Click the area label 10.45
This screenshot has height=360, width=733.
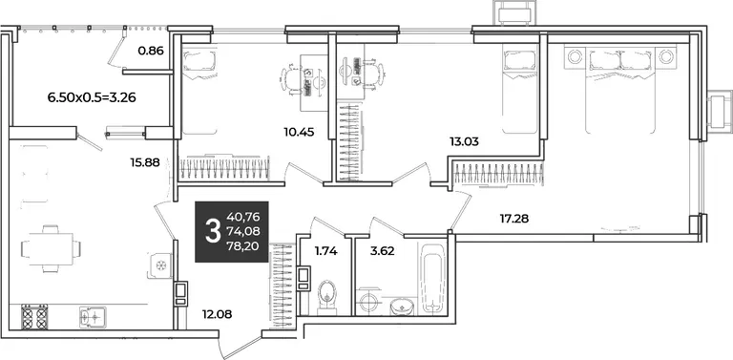299,133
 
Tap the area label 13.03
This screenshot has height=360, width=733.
464,141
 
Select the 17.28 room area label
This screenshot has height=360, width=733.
513,218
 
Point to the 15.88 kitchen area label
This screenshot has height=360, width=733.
145,162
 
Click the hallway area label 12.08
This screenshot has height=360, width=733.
217,314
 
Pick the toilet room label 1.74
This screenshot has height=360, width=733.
325,251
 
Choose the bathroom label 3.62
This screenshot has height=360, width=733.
383,251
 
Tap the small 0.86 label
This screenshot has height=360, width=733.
151,51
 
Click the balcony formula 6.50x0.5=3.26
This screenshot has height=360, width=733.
92,98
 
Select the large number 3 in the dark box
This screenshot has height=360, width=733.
213,231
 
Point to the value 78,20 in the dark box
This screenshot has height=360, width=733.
243,246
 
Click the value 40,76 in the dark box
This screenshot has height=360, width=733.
243,217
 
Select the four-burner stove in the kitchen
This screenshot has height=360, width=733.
34,316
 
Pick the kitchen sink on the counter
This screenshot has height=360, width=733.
93,316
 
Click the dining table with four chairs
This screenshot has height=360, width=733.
51,248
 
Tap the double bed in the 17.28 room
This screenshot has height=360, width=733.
619,90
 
